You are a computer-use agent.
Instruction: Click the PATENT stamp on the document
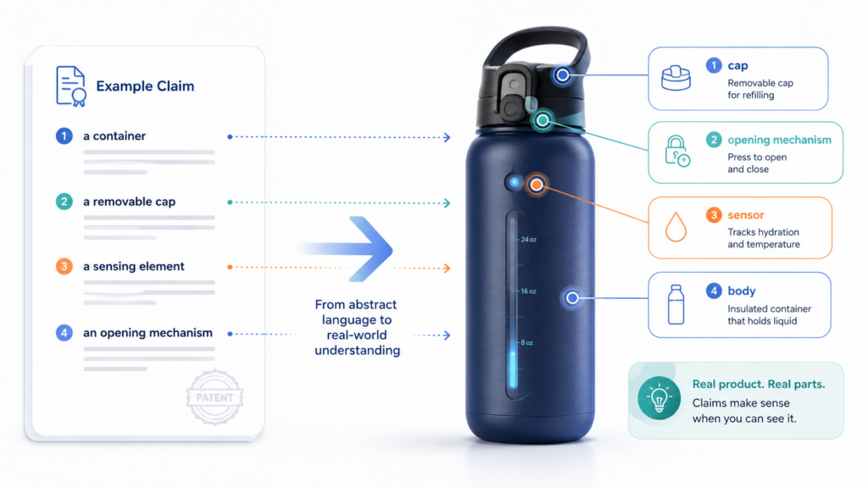214,397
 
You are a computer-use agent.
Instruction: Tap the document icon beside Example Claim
71,86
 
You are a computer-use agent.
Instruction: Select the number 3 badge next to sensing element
64,266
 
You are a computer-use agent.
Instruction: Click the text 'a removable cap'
129,202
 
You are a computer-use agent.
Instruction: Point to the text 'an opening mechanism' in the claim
147,332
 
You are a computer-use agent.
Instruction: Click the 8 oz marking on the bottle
526,342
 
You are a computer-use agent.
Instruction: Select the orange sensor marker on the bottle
537,184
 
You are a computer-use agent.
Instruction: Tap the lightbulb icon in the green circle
659,398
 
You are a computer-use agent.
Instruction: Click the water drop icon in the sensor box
676,226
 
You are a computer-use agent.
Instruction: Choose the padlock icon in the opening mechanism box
676,151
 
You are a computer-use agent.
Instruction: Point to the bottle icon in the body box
676,304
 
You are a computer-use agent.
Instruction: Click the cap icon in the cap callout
676,77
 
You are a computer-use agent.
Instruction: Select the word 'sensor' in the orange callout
746,214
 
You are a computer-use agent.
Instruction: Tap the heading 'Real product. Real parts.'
759,384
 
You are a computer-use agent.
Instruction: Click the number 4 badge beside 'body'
714,291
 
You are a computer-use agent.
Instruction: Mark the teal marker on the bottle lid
542,120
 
